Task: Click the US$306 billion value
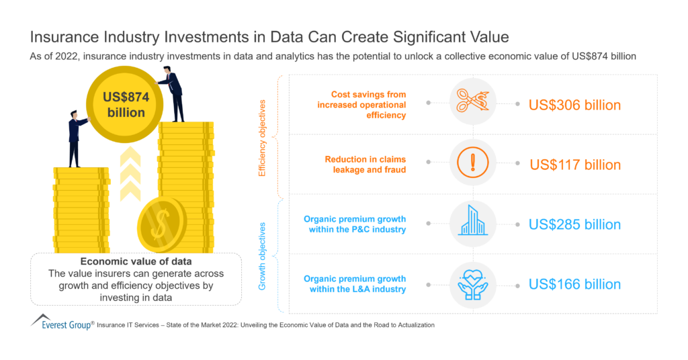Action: (574, 105)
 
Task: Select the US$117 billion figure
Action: (575, 165)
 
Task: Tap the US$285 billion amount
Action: (574, 224)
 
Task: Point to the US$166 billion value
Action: (574, 283)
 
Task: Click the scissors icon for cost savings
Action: (472, 103)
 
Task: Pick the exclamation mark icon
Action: (472, 163)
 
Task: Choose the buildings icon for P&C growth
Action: (472, 221)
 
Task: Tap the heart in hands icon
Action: (472, 282)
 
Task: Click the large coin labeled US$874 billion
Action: (126, 104)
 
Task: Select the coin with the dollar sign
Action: (161, 226)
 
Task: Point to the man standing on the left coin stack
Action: (76, 137)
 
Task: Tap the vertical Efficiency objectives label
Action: (263, 138)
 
